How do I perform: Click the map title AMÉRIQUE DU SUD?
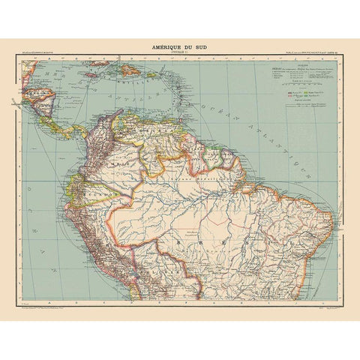coord(180,46)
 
